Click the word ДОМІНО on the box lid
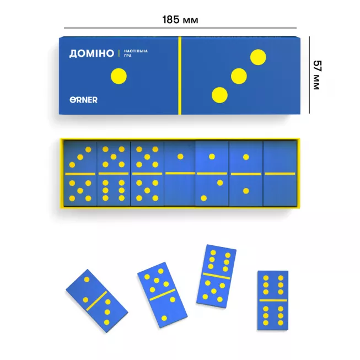[92, 53]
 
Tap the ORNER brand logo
[84, 100]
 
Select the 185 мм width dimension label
[180, 20]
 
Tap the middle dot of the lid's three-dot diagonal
[239, 76]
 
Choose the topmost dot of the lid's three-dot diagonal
[258, 57]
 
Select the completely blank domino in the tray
[280, 173]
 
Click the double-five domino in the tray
[147, 173]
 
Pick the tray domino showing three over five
[81, 173]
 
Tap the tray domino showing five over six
[114, 173]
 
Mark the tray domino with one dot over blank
[180, 173]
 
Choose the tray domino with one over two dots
[212, 173]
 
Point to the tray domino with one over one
[246, 173]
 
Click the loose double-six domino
[273, 300]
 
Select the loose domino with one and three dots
[96, 300]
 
